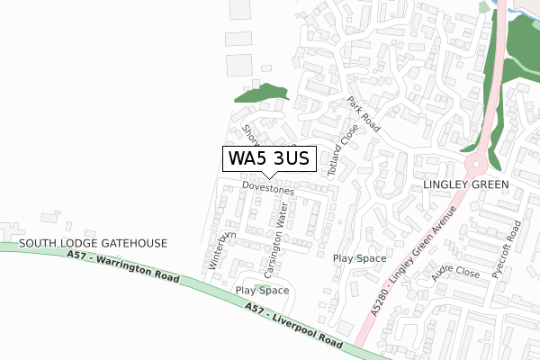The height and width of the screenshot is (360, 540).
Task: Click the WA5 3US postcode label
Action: pyautogui.click(x=267, y=158)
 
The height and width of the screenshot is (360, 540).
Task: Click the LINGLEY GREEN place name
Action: pyautogui.click(x=465, y=184)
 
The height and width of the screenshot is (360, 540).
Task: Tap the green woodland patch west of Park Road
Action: pyautogui.click(x=260, y=94)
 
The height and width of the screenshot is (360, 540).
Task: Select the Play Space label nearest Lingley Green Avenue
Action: pyautogui.click(x=359, y=258)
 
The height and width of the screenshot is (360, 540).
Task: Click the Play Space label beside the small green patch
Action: pyautogui.click(x=262, y=291)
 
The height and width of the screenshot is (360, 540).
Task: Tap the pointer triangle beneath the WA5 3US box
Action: pyautogui.click(x=267, y=175)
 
